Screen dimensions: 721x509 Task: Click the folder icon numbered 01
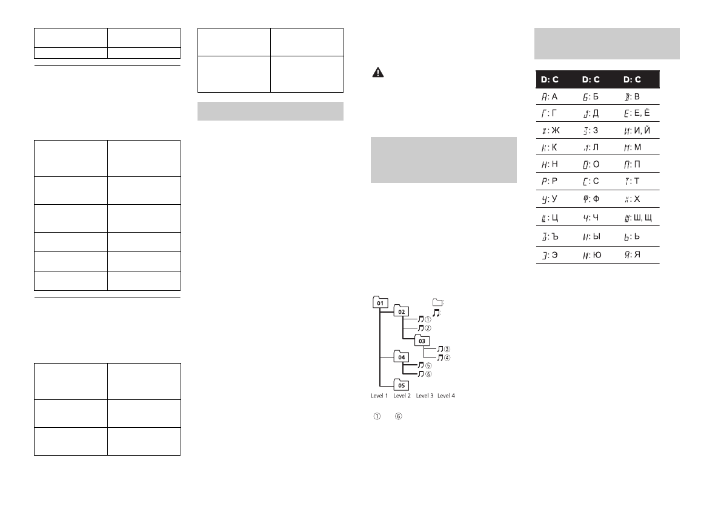click(x=380, y=302)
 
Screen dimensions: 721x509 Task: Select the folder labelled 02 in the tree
click(x=401, y=311)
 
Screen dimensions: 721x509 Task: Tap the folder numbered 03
click(x=422, y=341)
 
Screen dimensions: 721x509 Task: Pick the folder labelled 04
click(x=401, y=357)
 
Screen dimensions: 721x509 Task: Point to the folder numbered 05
click(x=401, y=385)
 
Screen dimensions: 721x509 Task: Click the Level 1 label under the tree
click(x=379, y=396)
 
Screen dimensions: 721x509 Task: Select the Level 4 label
click(x=446, y=396)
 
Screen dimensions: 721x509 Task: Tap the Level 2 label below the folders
click(x=402, y=396)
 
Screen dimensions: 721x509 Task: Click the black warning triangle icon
click(x=377, y=72)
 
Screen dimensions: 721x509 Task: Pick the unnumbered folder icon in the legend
click(x=437, y=302)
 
